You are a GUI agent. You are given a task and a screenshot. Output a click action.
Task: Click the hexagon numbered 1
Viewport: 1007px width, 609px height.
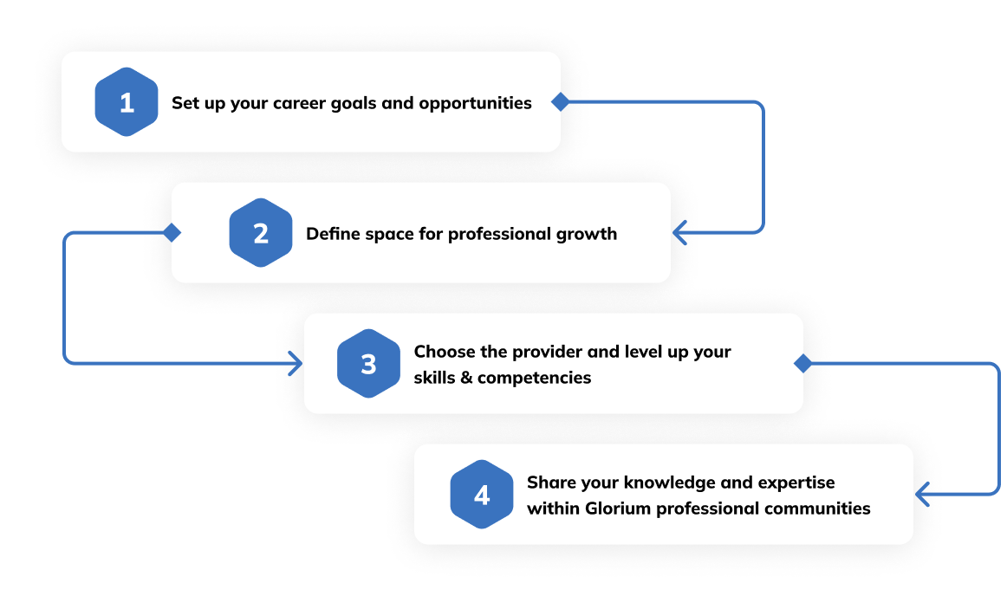click(x=127, y=102)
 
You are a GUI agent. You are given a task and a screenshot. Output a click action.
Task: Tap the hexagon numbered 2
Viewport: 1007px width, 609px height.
click(x=261, y=233)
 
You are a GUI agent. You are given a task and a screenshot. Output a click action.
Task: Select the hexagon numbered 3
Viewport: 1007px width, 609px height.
click(x=368, y=364)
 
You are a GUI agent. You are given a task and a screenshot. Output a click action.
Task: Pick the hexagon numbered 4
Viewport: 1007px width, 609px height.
click(x=482, y=495)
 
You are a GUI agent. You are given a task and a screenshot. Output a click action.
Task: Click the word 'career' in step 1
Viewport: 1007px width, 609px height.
click(x=299, y=103)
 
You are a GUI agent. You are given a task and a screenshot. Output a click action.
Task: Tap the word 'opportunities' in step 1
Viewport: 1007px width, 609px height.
click(x=475, y=104)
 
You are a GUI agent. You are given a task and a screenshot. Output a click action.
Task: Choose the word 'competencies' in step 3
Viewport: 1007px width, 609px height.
click(x=535, y=378)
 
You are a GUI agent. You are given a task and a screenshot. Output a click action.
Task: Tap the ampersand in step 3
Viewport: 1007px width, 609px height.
click(x=466, y=378)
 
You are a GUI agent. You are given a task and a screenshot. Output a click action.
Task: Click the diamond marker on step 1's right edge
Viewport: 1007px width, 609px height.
click(x=560, y=101)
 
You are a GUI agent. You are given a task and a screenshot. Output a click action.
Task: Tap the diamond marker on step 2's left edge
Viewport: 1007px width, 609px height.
click(x=172, y=232)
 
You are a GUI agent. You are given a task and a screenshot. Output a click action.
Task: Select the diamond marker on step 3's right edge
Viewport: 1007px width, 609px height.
click(x=802, y=363)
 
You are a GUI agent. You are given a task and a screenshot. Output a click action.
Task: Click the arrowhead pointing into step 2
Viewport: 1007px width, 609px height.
click(x=679, y=232)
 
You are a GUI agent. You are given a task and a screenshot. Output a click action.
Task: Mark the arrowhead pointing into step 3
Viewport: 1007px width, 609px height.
click(x=296, y=363)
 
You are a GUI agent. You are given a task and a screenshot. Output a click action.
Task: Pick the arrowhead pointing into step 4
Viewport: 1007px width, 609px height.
click(x=922, y=494)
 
